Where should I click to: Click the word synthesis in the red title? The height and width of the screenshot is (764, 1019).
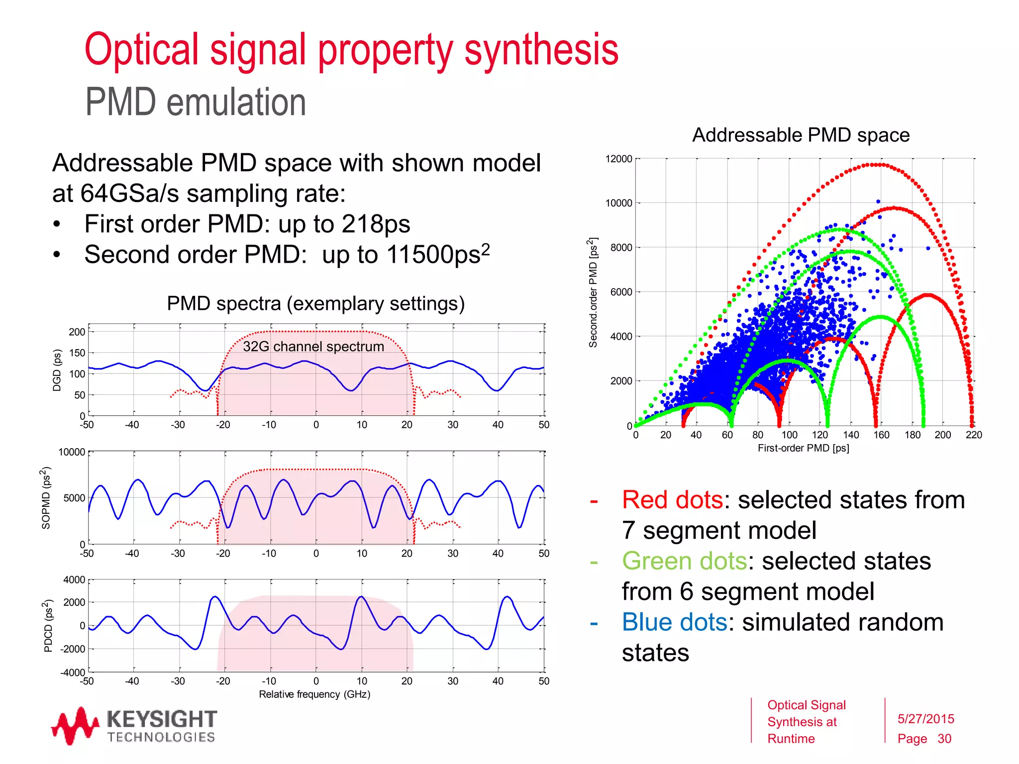click(541, 50)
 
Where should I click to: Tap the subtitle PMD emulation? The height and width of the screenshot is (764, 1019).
click(195, 102)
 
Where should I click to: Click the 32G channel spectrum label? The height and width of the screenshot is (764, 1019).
click(313, 346)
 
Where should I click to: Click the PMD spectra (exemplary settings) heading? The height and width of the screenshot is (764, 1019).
click(315, 303)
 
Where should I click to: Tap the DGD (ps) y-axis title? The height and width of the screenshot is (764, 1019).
click(57, 370)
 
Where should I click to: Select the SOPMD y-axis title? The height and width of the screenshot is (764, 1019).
click(46, 497)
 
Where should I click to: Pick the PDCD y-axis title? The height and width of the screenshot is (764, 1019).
click(48, 626)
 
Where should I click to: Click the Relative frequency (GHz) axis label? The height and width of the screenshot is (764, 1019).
click(314, 694)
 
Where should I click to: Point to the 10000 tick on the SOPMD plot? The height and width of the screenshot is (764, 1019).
click(72, 452)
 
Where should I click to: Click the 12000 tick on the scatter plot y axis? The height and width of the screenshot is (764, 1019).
click(618, 159)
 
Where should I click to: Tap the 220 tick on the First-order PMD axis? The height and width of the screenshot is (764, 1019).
click(974, 435)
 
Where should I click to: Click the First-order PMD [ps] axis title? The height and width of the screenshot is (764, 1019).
click(803, 448)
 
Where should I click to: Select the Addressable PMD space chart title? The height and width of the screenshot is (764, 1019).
click(801, 135)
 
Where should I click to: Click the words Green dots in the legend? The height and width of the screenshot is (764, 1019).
click(684, 561)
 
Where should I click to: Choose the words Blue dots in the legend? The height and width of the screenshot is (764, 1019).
click(674, 622)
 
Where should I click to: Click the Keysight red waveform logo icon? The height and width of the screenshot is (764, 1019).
click(75, 726)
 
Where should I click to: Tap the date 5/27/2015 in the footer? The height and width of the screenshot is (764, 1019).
click(925, 719)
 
